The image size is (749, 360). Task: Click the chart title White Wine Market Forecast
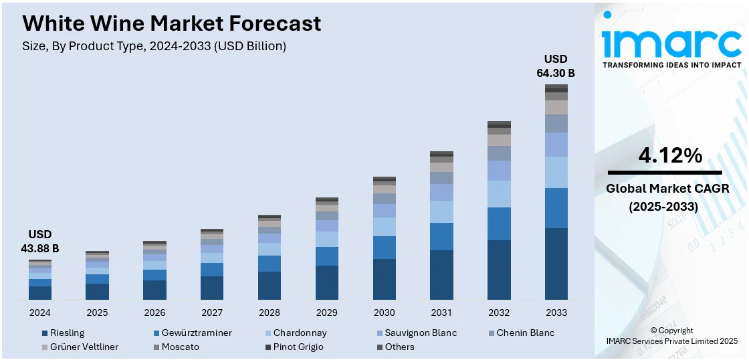coord(172,23)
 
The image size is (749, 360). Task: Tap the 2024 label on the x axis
coord(40,312)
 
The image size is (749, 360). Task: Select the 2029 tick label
coord(327,312)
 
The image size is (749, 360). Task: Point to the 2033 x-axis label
coord(556,312)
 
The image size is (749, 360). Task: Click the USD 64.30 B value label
coord(556,66)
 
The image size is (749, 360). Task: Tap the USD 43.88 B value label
coord(40,242)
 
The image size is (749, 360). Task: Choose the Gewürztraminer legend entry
coord(193,333)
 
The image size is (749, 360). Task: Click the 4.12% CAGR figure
coord(670,156)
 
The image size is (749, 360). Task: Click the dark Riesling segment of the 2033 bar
coord(556,264)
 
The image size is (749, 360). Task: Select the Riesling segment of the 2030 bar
coord(385,279)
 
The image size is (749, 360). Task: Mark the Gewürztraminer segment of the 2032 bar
coord(499,223)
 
